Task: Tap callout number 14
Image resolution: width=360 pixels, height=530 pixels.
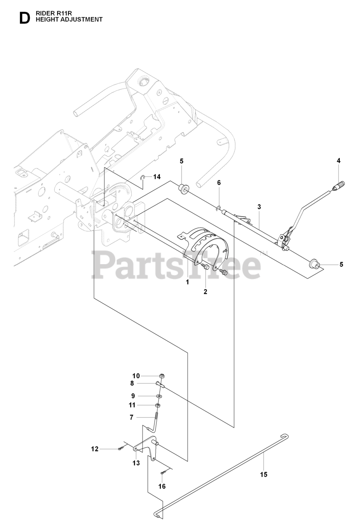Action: click(157, 177)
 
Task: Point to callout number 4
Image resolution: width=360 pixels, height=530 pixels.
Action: click(338, 161)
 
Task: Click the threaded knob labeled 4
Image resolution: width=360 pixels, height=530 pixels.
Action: click(341, 185)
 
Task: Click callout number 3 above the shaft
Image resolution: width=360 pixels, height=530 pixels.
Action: click(259, 206)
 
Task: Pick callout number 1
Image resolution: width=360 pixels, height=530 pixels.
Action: click(187, 282)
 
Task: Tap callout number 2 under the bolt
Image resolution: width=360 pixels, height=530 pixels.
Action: click(205, 291)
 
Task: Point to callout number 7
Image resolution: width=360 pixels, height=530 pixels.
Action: click(131, 417)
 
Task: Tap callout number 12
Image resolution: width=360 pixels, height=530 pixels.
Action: click(95, 449)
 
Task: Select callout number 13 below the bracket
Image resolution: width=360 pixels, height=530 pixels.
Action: click(136, 463)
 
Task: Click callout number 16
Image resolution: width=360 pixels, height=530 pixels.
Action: click(162, 486)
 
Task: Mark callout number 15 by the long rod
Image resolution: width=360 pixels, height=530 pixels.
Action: click(263, 475)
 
